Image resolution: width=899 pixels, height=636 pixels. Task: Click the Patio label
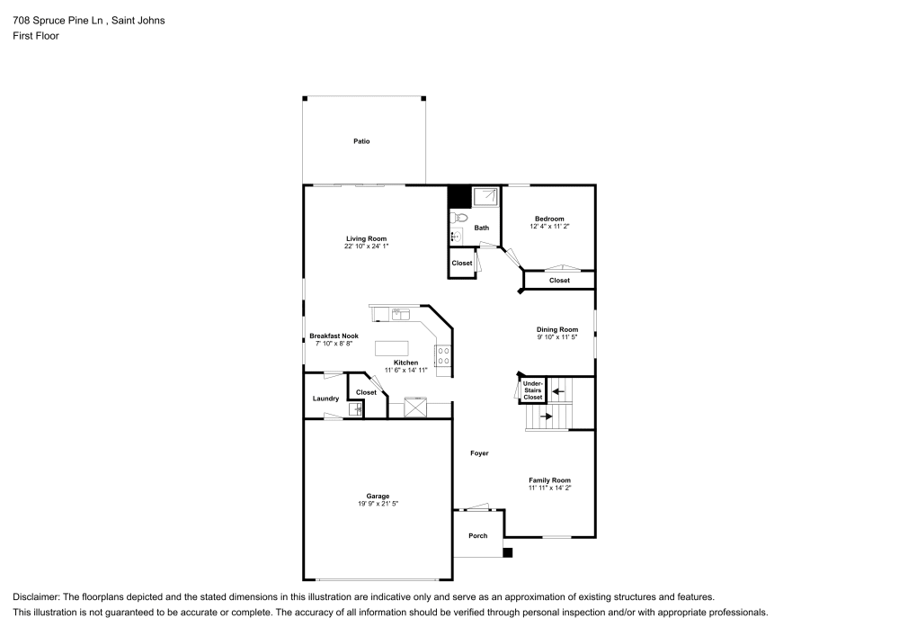[361, 141]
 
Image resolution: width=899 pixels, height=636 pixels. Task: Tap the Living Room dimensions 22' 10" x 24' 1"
[366, 246]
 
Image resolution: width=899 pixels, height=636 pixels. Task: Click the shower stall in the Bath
[486, 196]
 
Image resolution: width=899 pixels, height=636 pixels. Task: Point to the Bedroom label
[549, 219]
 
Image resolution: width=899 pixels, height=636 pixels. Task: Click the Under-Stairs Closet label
[533, 390]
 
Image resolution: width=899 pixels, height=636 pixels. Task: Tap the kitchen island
[392, 348]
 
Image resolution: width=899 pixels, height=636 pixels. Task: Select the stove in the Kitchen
[443, 356]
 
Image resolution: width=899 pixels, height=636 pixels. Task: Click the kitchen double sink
[400, 314]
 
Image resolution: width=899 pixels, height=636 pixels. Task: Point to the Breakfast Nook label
[334, 336]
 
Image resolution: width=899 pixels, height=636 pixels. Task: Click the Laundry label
[325, 399]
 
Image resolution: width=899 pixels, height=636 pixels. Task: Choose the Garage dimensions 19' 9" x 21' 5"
[378, 504]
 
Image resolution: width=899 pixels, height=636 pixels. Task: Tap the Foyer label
[479, 453]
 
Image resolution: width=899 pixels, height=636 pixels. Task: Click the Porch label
[478, 536]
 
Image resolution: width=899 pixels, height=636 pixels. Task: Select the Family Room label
[549, 480]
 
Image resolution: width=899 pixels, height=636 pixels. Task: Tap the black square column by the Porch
[507, 552]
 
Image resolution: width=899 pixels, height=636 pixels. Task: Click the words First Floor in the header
[35, 36]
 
